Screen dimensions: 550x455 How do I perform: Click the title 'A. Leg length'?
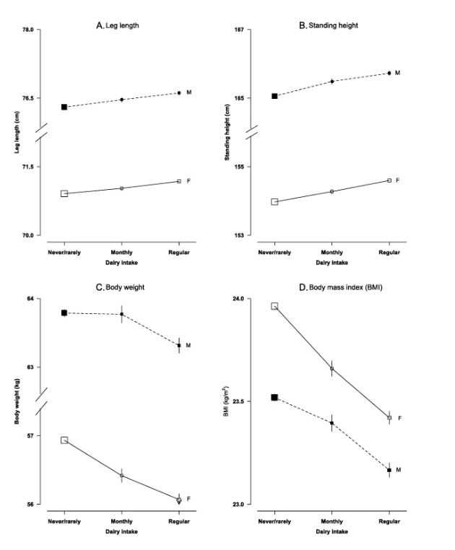click(118, 25)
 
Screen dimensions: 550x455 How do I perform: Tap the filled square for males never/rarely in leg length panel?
click(64, 107)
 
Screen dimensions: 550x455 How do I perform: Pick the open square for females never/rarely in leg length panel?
click(64, 193)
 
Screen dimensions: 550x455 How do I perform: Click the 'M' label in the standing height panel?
click(397, 73)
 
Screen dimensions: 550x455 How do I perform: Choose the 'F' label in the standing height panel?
click(397, 180)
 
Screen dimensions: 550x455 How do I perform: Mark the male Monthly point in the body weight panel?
click(122, 314)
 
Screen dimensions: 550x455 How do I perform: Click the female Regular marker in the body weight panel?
click(179, 499)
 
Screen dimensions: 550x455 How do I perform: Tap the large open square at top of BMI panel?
click(274, 306)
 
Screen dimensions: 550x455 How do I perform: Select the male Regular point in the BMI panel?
click(389, 470)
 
